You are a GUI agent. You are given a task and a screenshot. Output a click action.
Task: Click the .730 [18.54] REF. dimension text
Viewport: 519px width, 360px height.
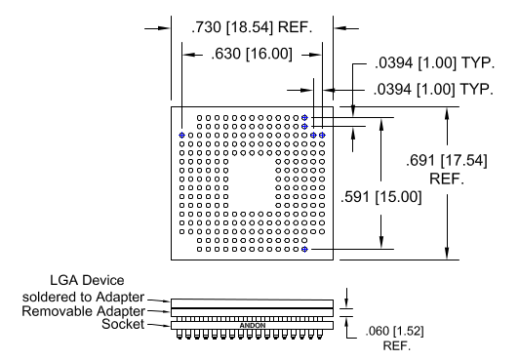(252, 27)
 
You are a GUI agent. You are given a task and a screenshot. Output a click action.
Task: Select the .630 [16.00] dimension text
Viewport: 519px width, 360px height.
(252, 54)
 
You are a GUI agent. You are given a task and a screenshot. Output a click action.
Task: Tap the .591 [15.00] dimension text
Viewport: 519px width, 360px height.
(381, 197)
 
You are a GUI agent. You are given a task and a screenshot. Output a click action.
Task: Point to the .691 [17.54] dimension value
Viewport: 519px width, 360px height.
(447, 161)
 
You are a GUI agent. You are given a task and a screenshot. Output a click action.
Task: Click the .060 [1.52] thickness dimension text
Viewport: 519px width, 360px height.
(394, 331)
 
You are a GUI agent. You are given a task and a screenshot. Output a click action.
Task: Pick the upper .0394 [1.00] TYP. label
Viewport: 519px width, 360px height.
(434, 62)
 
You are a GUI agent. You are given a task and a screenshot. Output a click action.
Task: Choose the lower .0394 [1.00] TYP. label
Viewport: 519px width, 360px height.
(433, 90)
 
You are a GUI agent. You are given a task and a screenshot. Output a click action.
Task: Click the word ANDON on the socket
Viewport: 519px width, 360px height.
(253, 326)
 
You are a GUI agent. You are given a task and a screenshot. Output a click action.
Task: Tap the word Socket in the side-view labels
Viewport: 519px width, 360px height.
(123, 324)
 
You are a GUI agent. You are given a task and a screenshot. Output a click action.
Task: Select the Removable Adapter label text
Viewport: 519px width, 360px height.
(84, 311)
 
